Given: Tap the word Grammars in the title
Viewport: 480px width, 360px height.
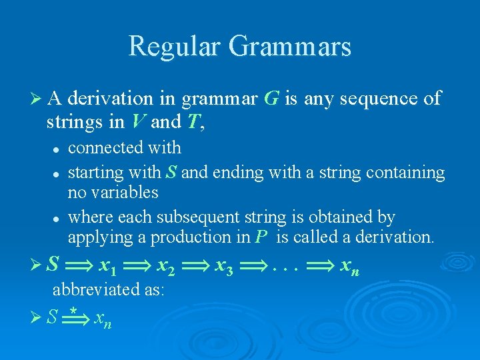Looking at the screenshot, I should click(289, 47).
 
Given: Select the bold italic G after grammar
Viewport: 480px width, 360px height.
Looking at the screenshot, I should click(271, 99).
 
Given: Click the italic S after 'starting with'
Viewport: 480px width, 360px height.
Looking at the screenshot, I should click(171, 173).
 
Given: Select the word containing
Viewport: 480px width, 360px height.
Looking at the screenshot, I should click(409, 173).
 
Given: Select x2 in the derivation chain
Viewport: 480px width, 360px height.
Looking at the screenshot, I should click(166, 267).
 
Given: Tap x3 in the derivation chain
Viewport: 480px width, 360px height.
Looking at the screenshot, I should click(223, 267).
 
